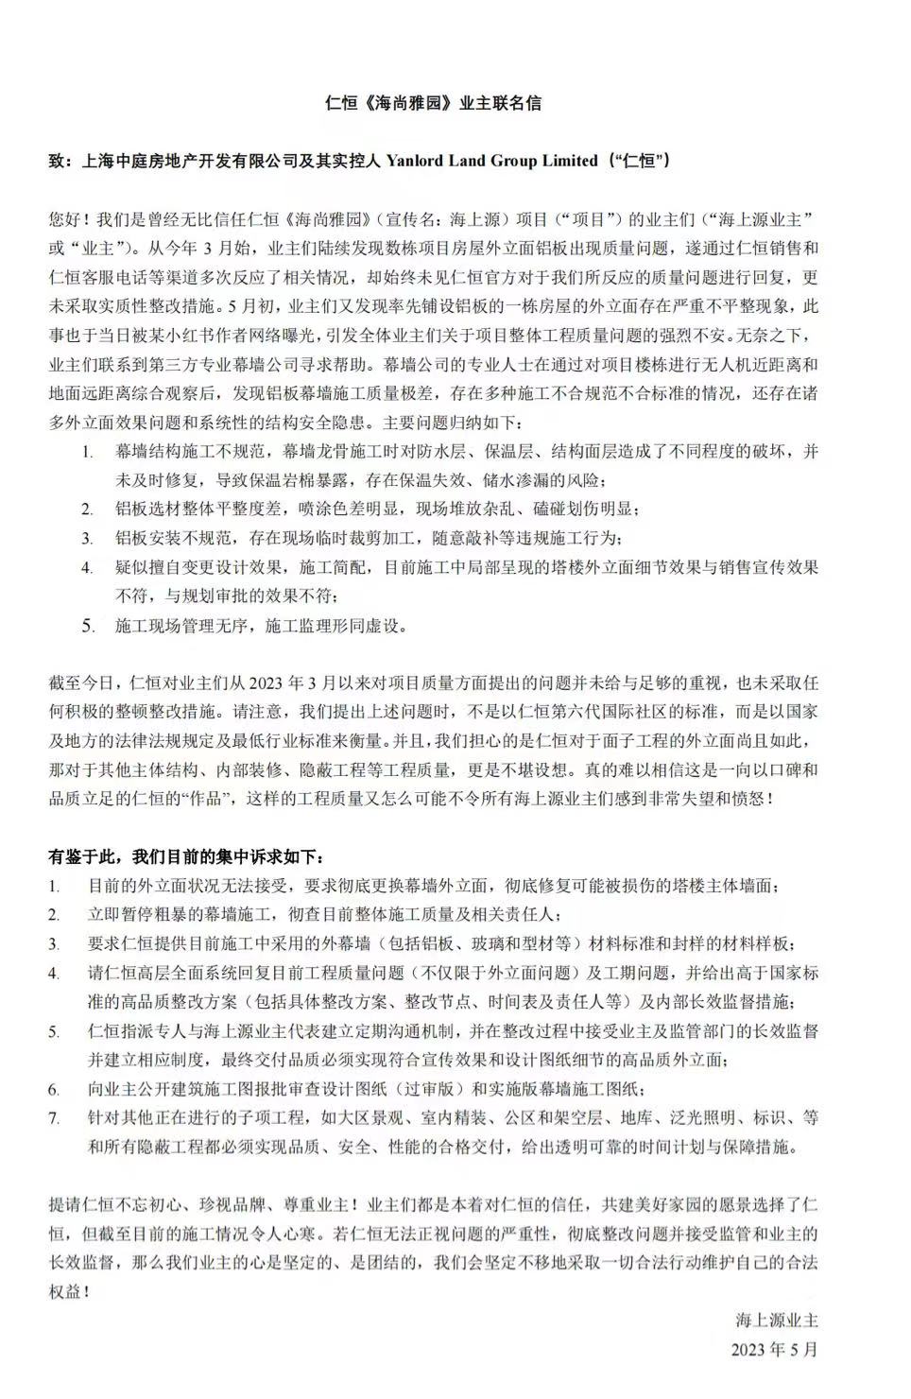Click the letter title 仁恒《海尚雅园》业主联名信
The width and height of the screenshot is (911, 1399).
(x=433, y=103)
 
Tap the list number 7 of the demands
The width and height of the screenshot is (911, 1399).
(x=56, y=1118)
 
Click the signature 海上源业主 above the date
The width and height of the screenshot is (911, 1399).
(x=777, y=1320)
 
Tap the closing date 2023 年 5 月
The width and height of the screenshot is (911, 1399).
(x=774, y=1349)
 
